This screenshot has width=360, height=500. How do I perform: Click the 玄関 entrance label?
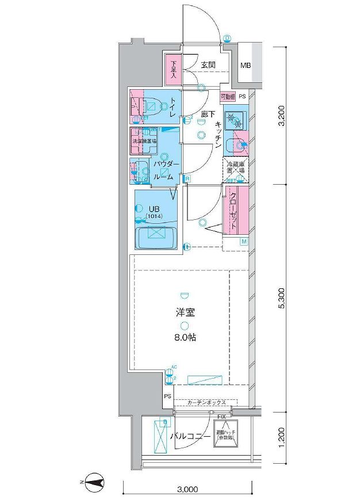pos(208,65)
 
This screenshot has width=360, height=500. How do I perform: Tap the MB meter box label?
pos(245,66)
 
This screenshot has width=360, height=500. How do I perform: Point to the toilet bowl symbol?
pos(152,105)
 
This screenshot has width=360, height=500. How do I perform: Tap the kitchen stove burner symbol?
pos(234,120)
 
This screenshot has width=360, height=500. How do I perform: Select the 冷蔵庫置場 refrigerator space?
pos(236,169)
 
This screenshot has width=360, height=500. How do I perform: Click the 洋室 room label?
pos(185,314)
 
